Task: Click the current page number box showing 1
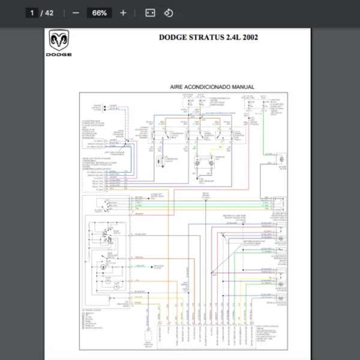point(32,13)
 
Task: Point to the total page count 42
point(49,13)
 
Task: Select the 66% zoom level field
point(99,13)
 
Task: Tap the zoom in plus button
point(123,13)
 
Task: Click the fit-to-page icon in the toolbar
point(150,13)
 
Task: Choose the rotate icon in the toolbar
point(169,13)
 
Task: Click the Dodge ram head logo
point(58,42)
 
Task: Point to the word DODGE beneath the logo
point(58,55)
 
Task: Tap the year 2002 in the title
point(251,37)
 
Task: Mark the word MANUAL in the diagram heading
point(244,87)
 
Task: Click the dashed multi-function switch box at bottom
point(148,339)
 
